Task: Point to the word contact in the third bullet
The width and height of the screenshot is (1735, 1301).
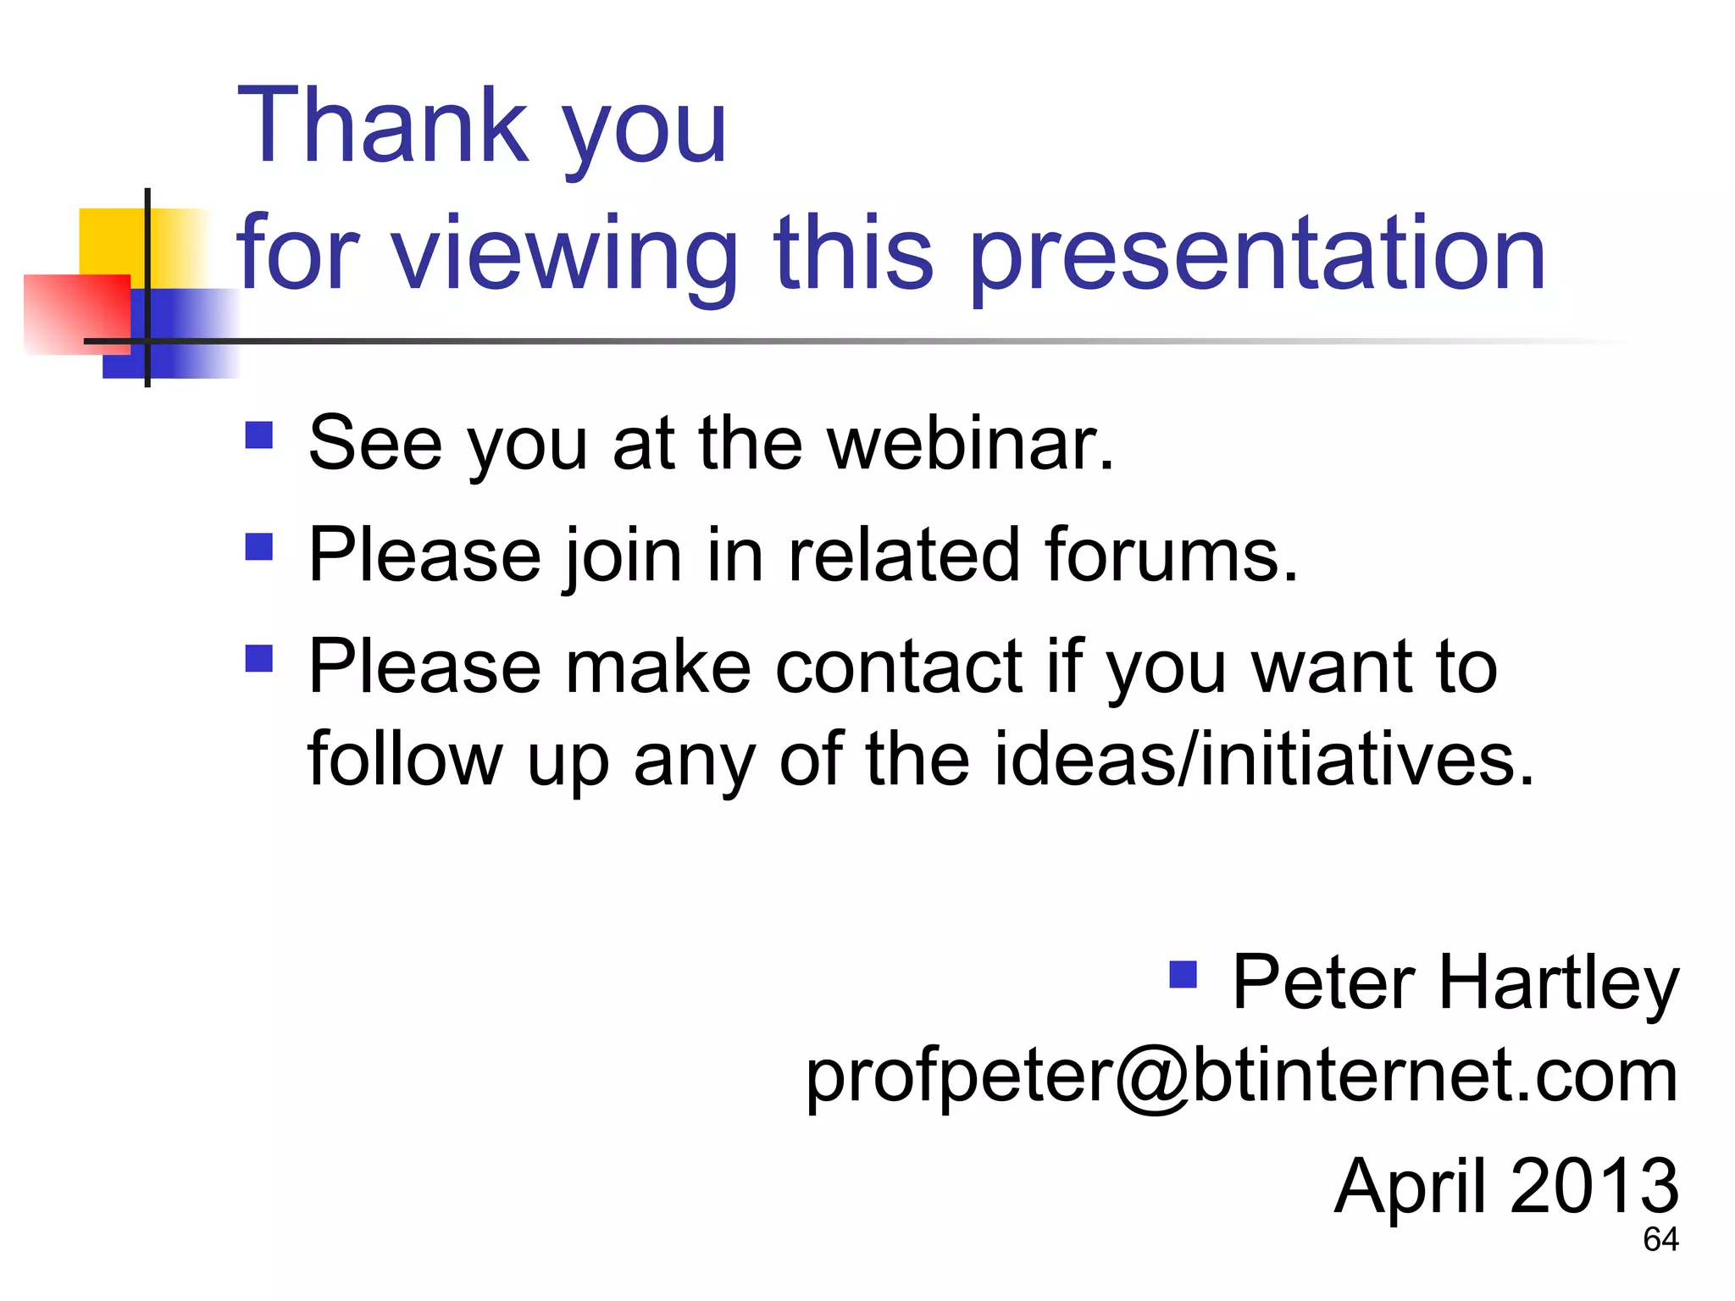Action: [899, 667]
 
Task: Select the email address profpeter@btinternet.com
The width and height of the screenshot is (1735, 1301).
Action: [1241, 1076]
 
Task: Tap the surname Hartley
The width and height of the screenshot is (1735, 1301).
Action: [1559, 983]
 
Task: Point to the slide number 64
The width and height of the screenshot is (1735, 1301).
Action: [1660, 1240]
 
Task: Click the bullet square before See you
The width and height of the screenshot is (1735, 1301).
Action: [259, 435]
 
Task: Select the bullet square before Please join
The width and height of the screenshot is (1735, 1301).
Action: [259, 547]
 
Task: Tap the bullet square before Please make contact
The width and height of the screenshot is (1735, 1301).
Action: [259, 658]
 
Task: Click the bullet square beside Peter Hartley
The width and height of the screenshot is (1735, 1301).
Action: [1183, 975]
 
